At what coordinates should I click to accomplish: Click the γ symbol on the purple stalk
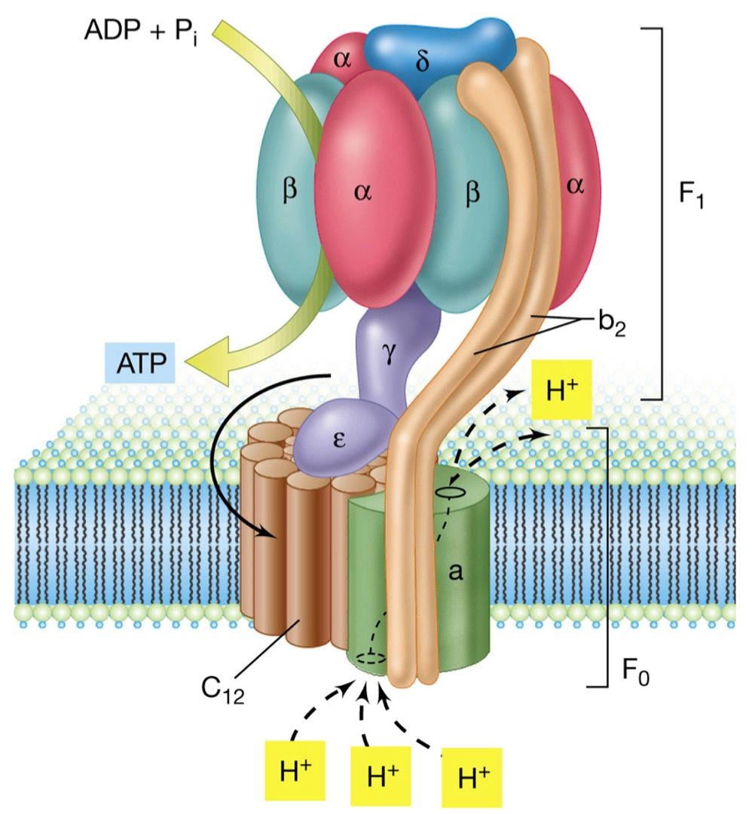389,351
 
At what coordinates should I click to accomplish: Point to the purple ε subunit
340,441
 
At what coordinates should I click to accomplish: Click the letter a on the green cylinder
455,574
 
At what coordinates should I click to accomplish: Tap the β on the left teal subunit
289,190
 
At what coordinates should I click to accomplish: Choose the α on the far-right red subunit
576,187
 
